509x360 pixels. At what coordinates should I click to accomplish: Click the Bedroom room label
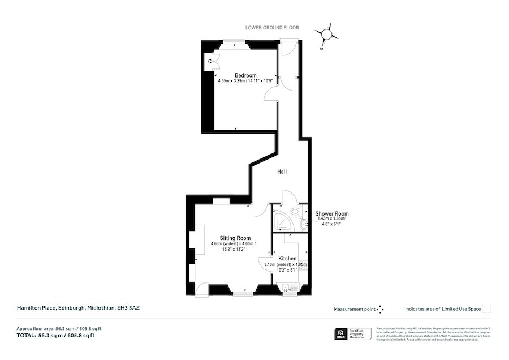pyautogui.click(x=245, y=75)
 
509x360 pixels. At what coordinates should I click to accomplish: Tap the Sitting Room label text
pyautogui.click(x=235, y=238)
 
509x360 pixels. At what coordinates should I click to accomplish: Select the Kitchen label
pyautogui.click(x=287, y=259)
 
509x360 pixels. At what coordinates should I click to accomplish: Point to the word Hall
pyautogui.click(x=283, y=172)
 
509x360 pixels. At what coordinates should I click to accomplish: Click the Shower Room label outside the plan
pyautogui.click(x=332, y=214)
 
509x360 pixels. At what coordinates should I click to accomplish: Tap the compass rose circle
pyautogui.click(x=326, y=35)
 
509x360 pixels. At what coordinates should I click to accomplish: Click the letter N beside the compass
pyautogui.click(x=321, y=49)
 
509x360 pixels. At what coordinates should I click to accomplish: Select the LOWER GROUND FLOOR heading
pyautogui.click(x=271, y=28)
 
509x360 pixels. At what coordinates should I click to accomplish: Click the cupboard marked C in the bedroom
pyautogui.click(x=210, y=61)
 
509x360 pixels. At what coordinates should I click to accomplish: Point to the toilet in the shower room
pyautogui.click(x=295, y=212)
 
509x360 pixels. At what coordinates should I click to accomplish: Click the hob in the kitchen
pyautogui.click(x=303, y=266)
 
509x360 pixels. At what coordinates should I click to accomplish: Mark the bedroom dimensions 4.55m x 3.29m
pyautogui.click(x=245, y=81)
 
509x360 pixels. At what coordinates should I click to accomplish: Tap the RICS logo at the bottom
pyautogui.click(x=341, y=334)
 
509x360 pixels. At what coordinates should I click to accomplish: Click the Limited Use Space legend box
pyautogui.click(x=486, y=309)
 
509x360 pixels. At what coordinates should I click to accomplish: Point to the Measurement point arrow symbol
pyautogui.click(x=381, y=309)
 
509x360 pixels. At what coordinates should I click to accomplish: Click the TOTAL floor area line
pyautogui.click(x=55, y=335)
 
